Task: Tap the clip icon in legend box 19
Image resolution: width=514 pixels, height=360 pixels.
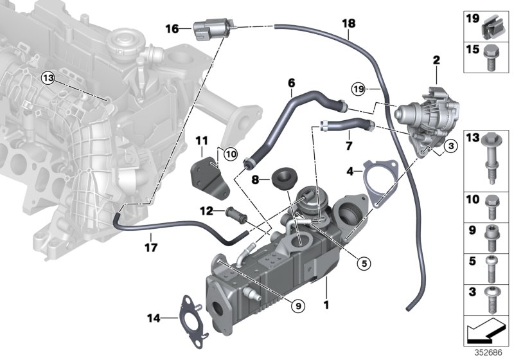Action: [492, 26]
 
